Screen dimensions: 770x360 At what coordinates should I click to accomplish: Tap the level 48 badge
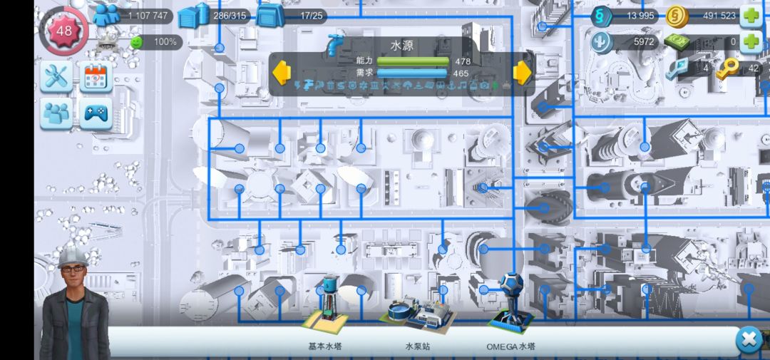click(64, 31)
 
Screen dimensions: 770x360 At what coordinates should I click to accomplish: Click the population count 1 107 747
click(148, 16)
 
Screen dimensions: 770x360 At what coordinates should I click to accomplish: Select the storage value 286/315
click(230, 16)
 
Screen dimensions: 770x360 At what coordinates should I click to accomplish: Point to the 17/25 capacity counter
click(312, 16)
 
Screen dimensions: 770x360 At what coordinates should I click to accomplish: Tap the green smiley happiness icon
click(137, 42)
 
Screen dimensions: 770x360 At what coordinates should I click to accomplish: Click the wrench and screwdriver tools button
click(56, 76)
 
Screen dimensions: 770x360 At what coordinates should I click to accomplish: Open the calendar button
click(96, 76)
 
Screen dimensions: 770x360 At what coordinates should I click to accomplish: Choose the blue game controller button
click(96, 113)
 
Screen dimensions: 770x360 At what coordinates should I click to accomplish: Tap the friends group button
click(56, 113)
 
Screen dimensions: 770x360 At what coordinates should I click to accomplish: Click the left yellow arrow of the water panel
click(282, 73)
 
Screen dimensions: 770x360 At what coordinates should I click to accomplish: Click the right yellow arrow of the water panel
click(523, 73)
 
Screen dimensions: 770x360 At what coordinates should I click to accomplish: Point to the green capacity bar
click(413, 61)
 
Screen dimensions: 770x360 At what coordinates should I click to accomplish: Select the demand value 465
click(461, 73)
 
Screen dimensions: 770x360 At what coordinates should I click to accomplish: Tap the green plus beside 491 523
click(751, 16)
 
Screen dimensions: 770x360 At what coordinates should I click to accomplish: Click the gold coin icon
click(677, 16)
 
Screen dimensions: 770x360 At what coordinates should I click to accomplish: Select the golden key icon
click(727, 68)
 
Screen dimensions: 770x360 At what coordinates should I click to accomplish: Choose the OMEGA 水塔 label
click(510, 346)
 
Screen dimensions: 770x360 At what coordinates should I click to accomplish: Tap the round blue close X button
click(749, 340)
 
